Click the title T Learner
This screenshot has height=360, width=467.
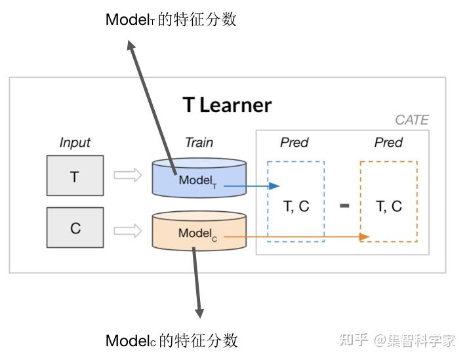point(226,105)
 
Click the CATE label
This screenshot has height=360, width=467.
point(411,120)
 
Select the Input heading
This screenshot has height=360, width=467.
point(75,142)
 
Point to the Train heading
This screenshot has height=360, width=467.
point(199,142)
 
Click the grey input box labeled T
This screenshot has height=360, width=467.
point(75,176)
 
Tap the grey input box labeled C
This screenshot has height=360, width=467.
point(75,228)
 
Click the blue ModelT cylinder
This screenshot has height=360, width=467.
point(199,178)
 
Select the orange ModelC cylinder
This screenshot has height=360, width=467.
point(199,231)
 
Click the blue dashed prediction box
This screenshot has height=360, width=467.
point(296,201)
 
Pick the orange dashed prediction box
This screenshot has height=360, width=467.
point(388,201)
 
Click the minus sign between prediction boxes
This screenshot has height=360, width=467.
point(344,206)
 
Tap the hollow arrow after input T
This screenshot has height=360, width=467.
point(128,176)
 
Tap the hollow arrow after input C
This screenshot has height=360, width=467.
point(128,230)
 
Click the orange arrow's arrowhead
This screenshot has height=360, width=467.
point(366,237)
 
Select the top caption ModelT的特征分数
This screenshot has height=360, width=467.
point(171,20)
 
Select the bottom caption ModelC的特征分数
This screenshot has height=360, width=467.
point(171,340)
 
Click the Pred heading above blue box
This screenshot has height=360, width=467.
point(294,142)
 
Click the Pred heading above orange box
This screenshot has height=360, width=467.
point(388,142)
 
